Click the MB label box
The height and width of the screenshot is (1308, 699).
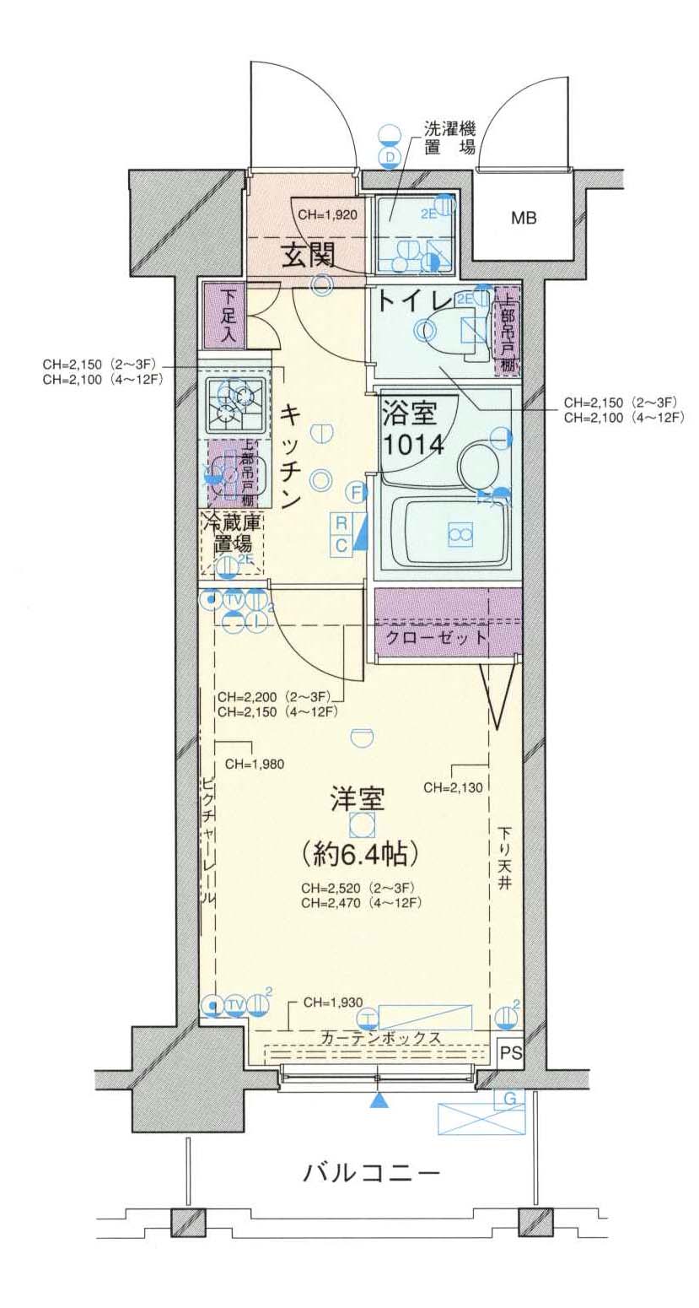click(524, 219)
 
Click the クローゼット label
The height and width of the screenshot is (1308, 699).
click(436, 638)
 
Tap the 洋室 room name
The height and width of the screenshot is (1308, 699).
click(358, 798)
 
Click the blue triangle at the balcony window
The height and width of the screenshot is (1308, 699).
click(380, 1100)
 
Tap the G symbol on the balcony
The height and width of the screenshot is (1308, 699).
click(508, 1098)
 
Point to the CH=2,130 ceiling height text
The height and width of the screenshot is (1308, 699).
click(453, 788)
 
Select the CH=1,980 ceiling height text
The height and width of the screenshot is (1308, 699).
click(255, 765)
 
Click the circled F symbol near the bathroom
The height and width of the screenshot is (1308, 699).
click(357, 491)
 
